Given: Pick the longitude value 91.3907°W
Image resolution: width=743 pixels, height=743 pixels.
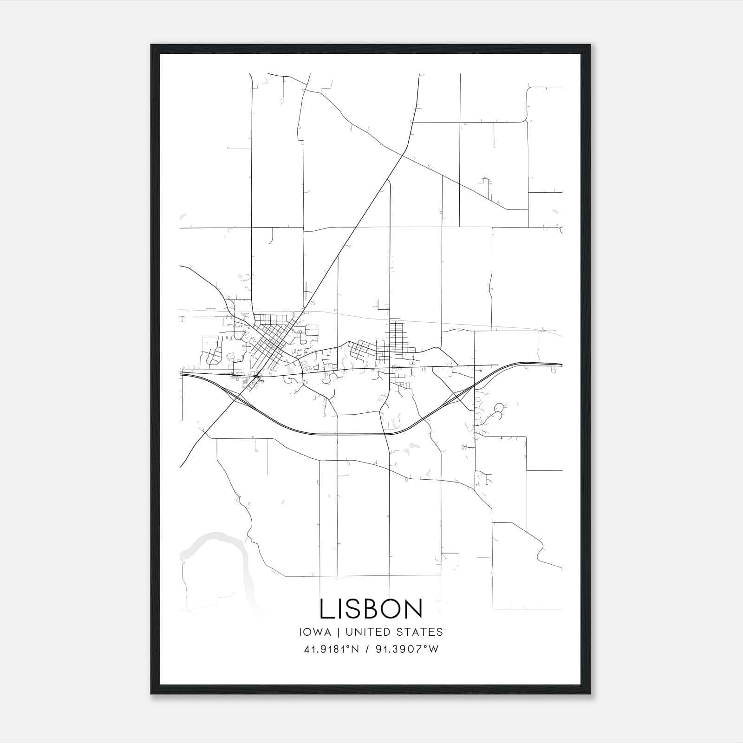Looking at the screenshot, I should pos(407,649).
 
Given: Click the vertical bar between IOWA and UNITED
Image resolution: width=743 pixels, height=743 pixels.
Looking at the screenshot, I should pos(338,632).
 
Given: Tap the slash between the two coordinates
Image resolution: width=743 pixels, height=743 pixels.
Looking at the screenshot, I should pos(367,649).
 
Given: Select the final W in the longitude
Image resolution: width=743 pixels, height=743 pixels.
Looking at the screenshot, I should pos(434,649).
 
